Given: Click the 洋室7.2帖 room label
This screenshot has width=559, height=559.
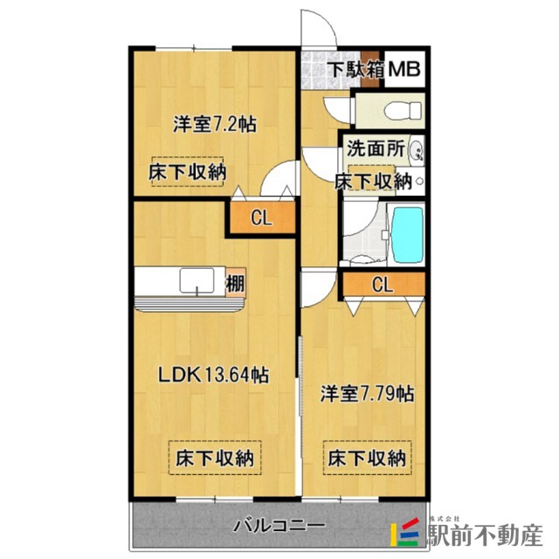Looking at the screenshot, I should pyautogui.click(x=214, y=124).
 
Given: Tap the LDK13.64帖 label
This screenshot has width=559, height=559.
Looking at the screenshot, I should pyautogui.click(x=212, y=376).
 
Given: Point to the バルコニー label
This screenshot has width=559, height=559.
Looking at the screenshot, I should pyautogui.click(x=280, y=527).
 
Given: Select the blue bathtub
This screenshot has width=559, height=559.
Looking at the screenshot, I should pyautogui.click(x=404, y=235).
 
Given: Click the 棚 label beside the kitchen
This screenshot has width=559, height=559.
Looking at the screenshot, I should pyautogui.click(x=235, y=283).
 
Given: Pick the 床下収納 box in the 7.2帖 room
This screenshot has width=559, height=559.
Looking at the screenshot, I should pyautogui.click(x=186, y=172).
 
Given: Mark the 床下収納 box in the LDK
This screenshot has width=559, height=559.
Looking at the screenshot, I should pyautogui.click(x=214, y=457).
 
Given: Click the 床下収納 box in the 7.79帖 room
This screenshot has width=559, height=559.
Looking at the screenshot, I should pyautogui.click(x=367, y=457).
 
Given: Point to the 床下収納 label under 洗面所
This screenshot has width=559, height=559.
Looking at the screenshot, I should pyautogui.click(x=374, y=182).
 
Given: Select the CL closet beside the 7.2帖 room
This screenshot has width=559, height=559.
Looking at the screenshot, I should pyautogui.click(x=261, y=218).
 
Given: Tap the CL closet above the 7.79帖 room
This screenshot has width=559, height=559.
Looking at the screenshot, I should pyautogui.click(x=381, y=284).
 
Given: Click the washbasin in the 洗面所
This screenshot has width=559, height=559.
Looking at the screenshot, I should pyautogui.click(x=417, y=149).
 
